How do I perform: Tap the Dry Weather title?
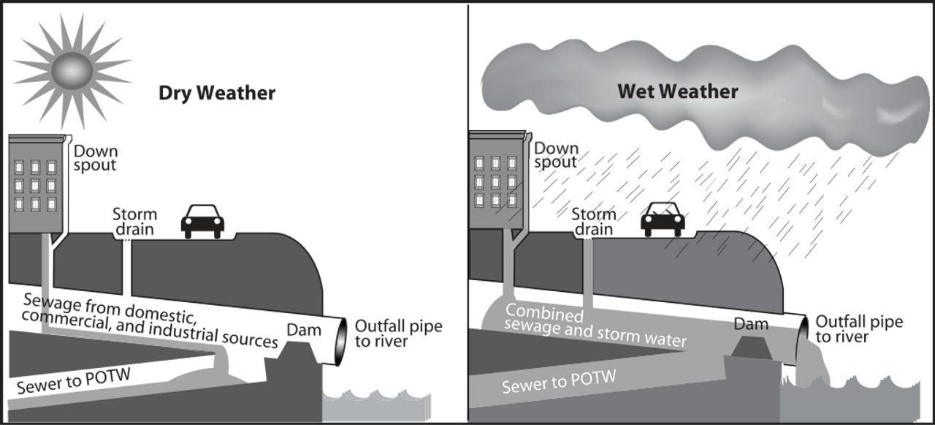(217, 94)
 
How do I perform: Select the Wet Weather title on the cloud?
(678, 91)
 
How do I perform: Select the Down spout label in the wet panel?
(557, 154)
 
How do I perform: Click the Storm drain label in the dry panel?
(134, 222)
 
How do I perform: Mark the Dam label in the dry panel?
(303, 330)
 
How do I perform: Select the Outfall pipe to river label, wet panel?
(859, 329)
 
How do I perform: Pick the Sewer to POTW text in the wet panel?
(559, 381)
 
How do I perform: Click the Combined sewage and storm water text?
(595, 327)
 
